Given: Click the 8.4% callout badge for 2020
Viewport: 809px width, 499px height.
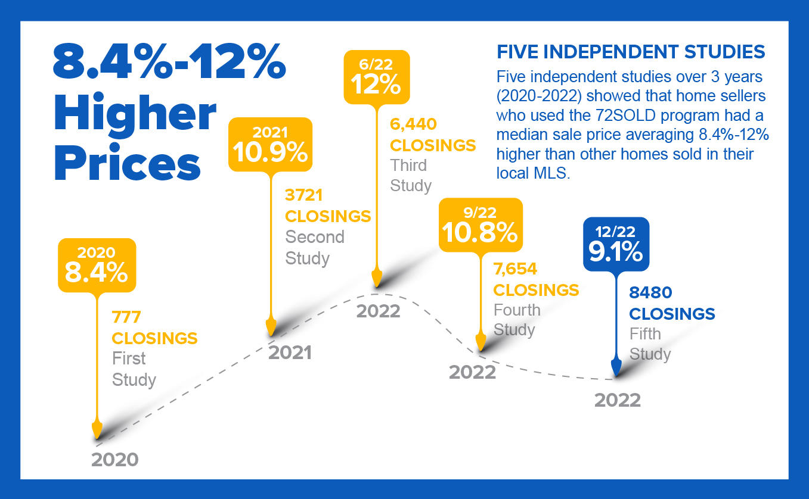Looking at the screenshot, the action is [x=97, y=265].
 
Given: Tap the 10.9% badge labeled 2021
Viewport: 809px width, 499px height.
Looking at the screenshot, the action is [x=270, y=144].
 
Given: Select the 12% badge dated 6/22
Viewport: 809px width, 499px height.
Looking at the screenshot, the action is [x=377, y=77].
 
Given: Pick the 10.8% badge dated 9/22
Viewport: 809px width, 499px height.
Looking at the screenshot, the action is [x=481, y=224].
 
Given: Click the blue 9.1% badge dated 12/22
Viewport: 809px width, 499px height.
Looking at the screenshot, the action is [x=616, y=244].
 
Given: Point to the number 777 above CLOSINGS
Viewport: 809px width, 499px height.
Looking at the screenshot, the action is [x=126, y=317].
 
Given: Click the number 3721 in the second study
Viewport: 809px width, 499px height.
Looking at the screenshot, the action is [x=303, y=195].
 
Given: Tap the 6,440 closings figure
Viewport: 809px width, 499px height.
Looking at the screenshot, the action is [x=413, y=124].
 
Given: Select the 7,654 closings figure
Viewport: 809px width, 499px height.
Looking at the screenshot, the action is [x=515, y=269].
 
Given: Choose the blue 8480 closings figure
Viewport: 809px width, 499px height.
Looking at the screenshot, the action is [x=650, y=292].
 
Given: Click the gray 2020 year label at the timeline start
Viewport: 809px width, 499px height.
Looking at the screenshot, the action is [x=115, y=460].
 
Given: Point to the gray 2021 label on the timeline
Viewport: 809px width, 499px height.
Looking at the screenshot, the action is [x=290, y=353].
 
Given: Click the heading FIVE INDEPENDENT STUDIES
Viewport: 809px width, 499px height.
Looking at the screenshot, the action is [x=631, y=52].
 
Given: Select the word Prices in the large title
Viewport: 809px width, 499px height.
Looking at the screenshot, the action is [x=127, y=163].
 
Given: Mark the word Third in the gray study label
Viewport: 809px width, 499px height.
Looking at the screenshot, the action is [x=408, y=166].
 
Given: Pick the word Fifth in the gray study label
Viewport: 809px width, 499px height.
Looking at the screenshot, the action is [x=645, y=333].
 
